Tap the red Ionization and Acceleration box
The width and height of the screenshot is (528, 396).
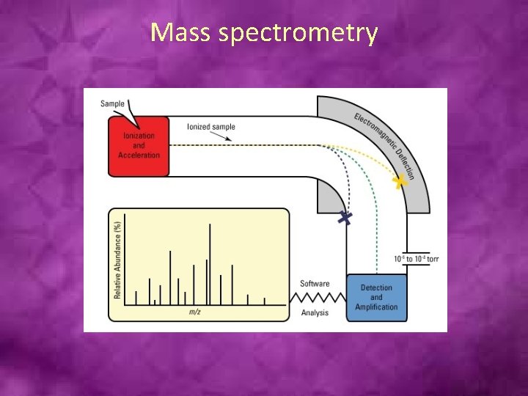(139, 146)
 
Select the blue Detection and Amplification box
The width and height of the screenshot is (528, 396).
(376, 297)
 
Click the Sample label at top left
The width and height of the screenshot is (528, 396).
(112, 103)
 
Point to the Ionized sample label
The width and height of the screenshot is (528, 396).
(210, 127)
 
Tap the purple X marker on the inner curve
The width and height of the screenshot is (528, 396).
(344, 217)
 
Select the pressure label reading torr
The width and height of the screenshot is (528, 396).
(416, 259)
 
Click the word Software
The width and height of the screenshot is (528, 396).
(315, 284)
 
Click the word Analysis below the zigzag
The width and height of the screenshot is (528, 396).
(315, 313)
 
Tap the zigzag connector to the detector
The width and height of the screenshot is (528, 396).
(318, 298)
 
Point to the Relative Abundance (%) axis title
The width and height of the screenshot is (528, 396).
(117, 260)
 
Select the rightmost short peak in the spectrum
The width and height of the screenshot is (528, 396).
(265, 300)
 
